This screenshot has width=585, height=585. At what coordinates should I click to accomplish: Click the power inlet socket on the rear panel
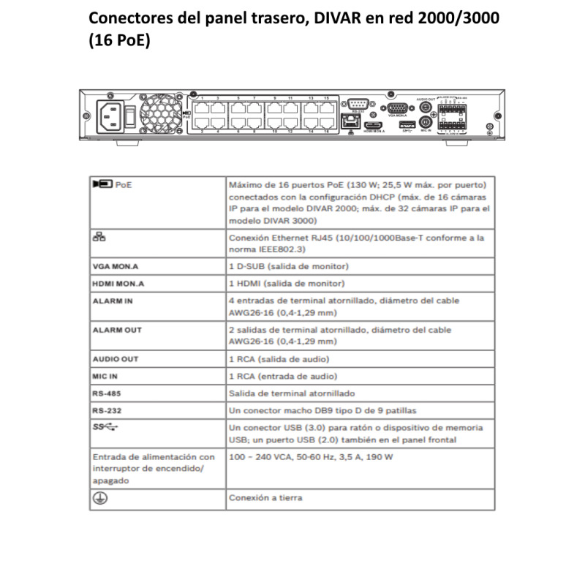(108, 114)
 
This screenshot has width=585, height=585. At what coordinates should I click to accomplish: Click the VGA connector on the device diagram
(398, 106)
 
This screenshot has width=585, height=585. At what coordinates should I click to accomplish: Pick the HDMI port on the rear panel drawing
(374, 126)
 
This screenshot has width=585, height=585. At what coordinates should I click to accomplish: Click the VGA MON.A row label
(116, 267)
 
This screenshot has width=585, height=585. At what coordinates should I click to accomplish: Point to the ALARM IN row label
(113, 300)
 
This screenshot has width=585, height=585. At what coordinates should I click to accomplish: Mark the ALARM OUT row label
(117, 330)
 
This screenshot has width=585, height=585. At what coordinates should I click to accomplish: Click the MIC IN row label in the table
(105, 376)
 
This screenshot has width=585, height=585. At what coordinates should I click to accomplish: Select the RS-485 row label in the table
(106, 393)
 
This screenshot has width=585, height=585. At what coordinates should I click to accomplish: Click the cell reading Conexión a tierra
(265, 497)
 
